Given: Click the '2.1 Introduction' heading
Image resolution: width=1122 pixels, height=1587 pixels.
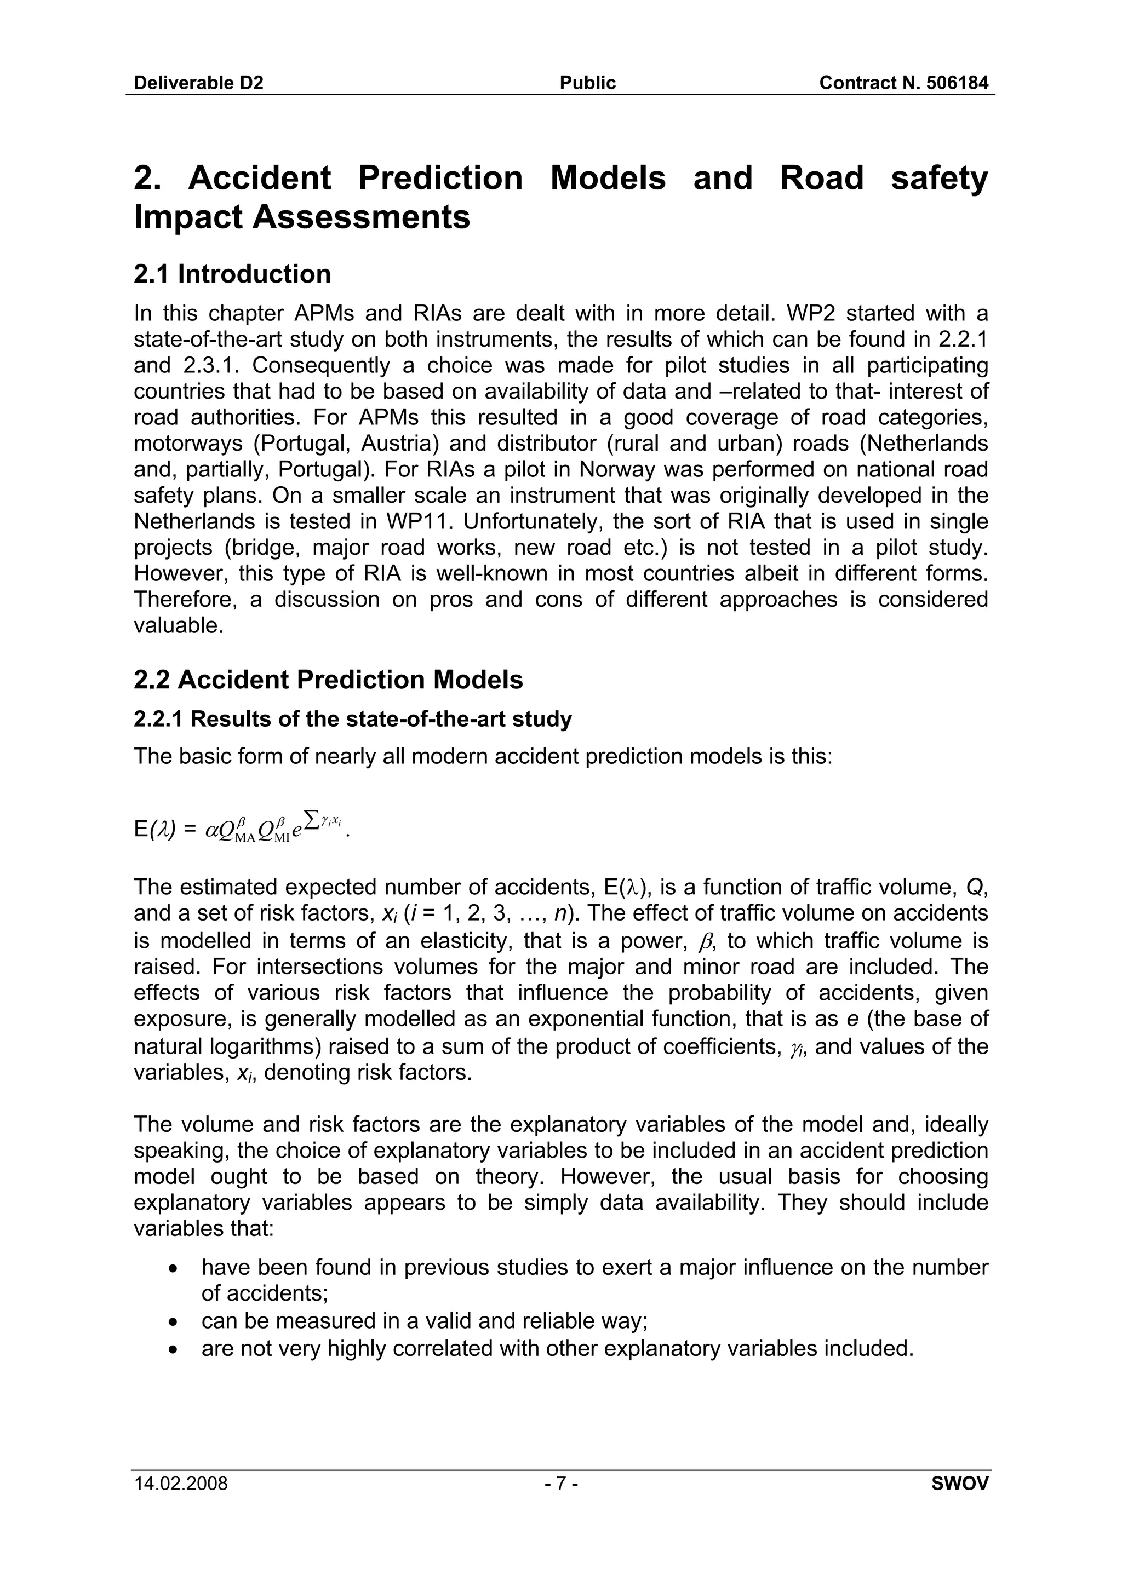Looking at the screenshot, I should point(232,274).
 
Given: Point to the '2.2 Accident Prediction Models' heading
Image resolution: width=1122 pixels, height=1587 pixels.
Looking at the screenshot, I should point(328,680).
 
